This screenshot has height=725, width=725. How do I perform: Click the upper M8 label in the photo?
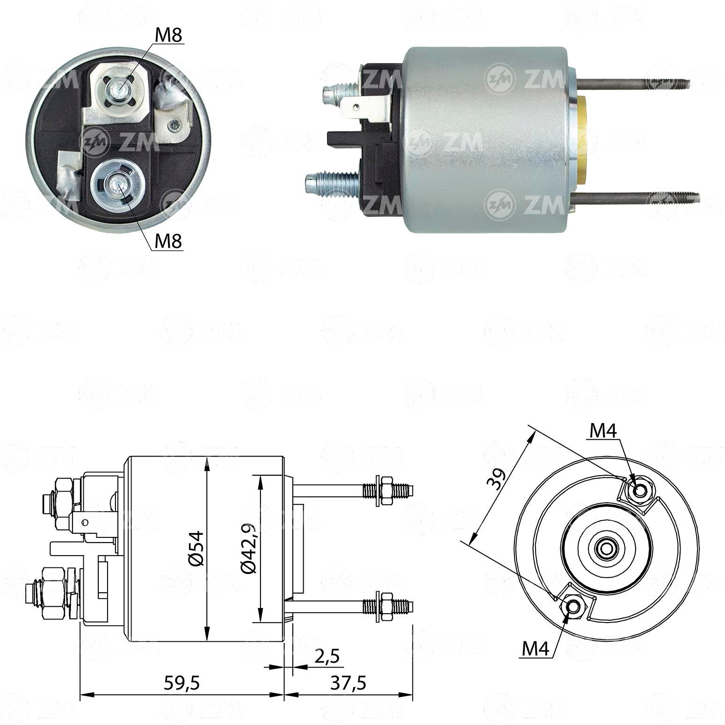(168, 36)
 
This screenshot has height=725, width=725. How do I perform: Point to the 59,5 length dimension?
(182, 683)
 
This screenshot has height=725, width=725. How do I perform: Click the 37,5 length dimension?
(348, 683)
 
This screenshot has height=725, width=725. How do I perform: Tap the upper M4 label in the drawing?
(603, 431)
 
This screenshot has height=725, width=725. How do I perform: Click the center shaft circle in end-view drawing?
(606, 548)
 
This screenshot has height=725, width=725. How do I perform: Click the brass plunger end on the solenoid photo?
(585, 140)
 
